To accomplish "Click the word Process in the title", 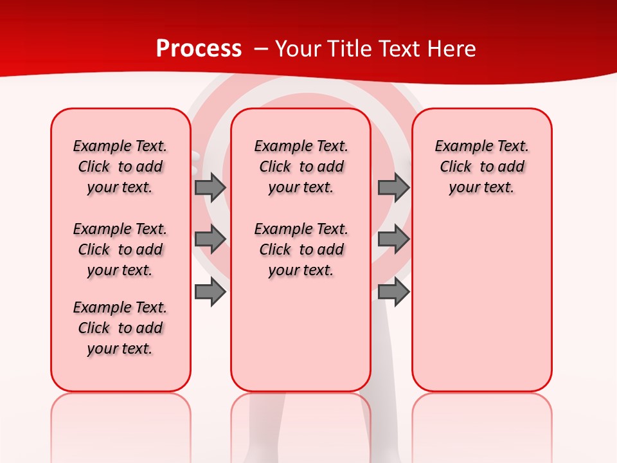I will pyautogui.click(x=199, y=49).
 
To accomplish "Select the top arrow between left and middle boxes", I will pyautogui.click(x=210, y=187).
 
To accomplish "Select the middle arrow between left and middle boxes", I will pyautogui.click(x=210, y=239).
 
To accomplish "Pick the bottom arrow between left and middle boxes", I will pyautogui.click(x=210, y=293).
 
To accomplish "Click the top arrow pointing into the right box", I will pyautogui.click(x=393, y=187).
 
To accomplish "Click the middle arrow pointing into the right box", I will pyautogui.click(x=393, y=239).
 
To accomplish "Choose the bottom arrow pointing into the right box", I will pyautogui.click(x=393, y=293).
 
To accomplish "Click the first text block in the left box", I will pyautogui.click(x=120, y=167).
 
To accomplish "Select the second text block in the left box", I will pyautogui.click(x=120, y=250).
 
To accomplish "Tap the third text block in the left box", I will pyautogui.click(x=120, y=328).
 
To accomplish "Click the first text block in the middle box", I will pyautogui.click(x=301, y=167).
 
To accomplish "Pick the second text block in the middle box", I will pyautogui.click(x=301, y=250).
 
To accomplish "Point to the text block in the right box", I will pyautogui.click(x=482, y=167).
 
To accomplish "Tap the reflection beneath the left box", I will pyautogui.click(x=121, y=418).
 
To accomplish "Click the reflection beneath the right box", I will pyautogui.click(x=482, y=418).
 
